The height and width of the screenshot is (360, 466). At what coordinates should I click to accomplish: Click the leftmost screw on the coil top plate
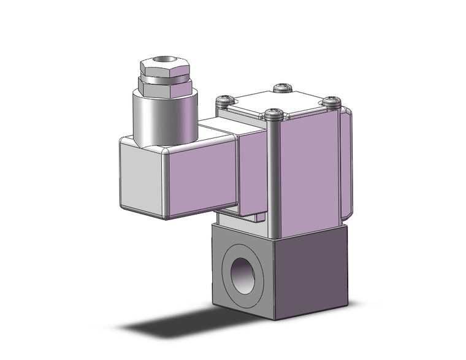tap(226, 99)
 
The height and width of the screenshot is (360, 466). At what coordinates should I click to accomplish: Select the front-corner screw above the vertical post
tap(273, 113)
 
